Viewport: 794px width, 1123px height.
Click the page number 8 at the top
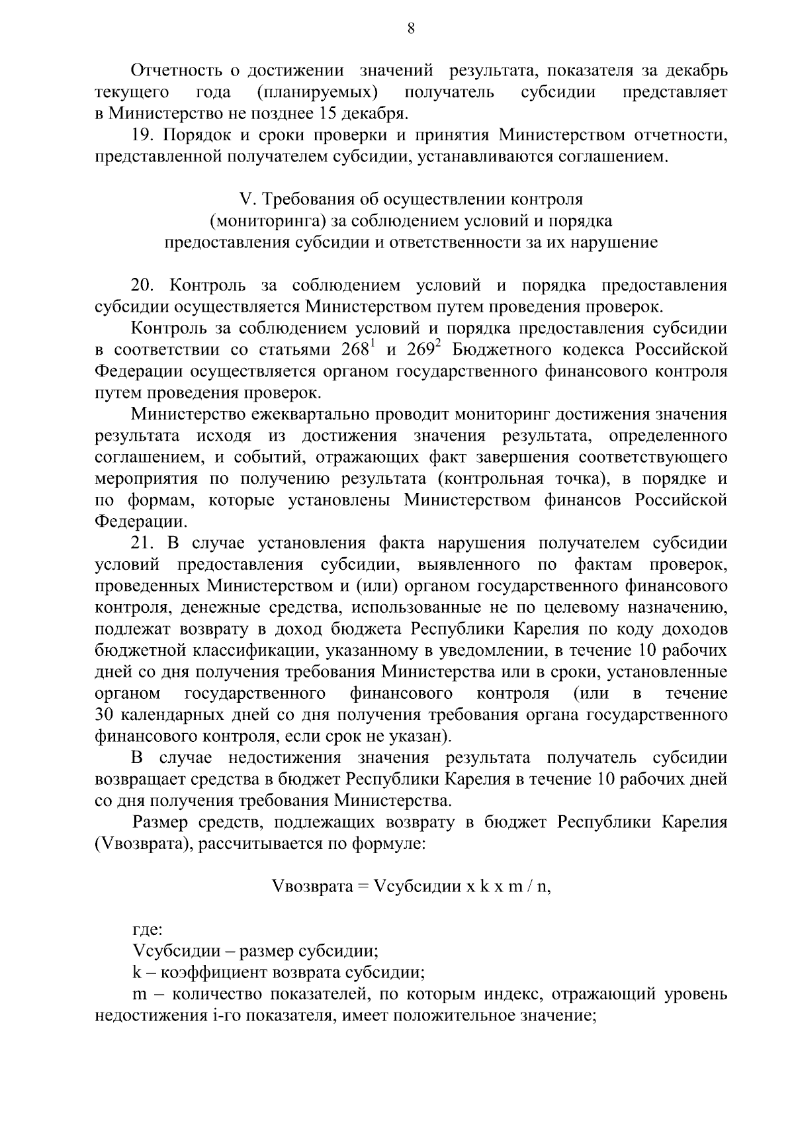[410, 28]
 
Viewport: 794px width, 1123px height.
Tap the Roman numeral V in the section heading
[243, 200]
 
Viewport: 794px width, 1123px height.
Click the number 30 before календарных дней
[105, 715]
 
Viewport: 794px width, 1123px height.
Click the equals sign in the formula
[363, 887]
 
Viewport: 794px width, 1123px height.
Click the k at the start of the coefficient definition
[136, 973]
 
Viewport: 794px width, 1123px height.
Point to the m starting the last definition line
[139, 995]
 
